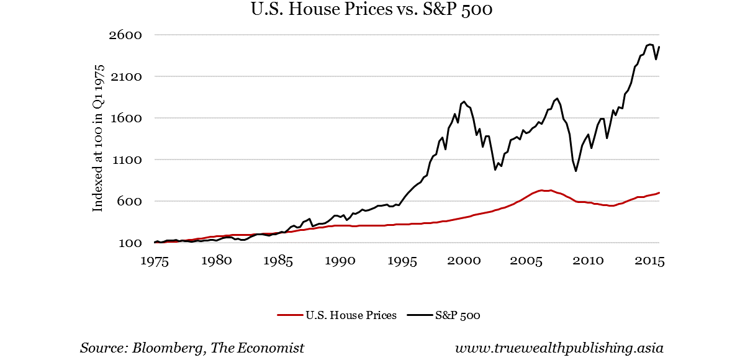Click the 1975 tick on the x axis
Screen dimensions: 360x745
[x=155, y=261]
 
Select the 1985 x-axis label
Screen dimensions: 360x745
[x=279, y=261]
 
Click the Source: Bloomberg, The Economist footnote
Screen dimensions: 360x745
[x=192, y=348]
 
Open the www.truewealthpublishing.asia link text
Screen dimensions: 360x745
[x=559, y=348]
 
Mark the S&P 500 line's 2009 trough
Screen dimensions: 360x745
[x=576, y=171]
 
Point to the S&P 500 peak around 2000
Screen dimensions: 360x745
[x=463, y=101]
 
